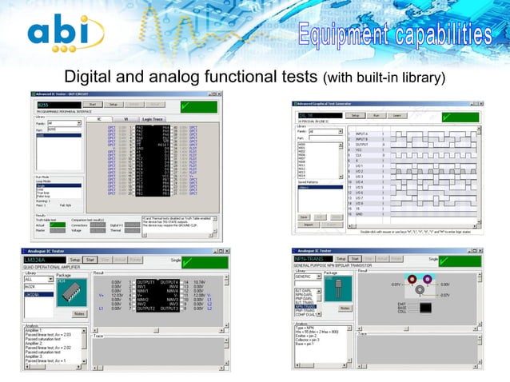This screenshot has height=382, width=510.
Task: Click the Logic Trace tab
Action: (152, 118)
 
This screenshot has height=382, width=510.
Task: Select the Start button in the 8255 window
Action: (93, 104)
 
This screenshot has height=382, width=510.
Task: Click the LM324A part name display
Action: (44, 260)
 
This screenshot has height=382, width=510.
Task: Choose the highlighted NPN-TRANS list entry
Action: (306, 306)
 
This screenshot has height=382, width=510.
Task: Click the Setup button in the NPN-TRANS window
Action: (341, 260)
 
